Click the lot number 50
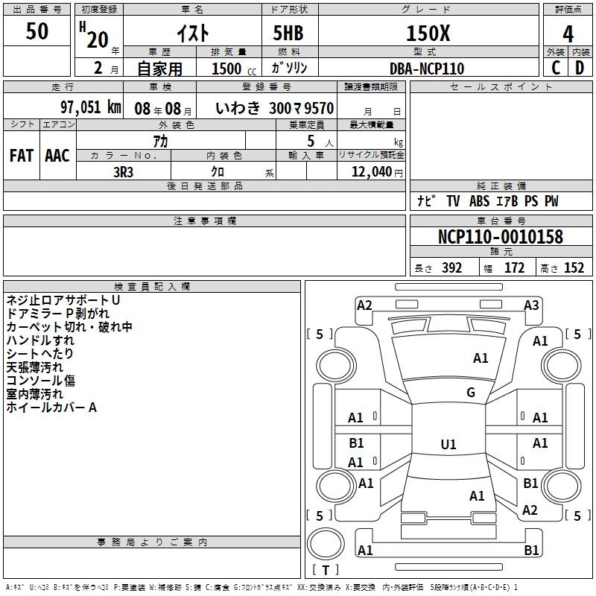pos(37,31)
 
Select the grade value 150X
pos(427,33)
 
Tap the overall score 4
pos(568,33)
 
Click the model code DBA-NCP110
pos(427,69)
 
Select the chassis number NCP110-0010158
pos(501,238)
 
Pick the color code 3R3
pos(124,171)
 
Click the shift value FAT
pos(22,156)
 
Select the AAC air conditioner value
pos(57,156)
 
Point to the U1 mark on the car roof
pos(448,445)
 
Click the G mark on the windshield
pos(471,393)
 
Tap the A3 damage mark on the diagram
pos(531,305)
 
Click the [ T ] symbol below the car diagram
pos(325,571)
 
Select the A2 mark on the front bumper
pos(364,305)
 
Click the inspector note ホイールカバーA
pos(52,408)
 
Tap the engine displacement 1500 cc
pos(229,69)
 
